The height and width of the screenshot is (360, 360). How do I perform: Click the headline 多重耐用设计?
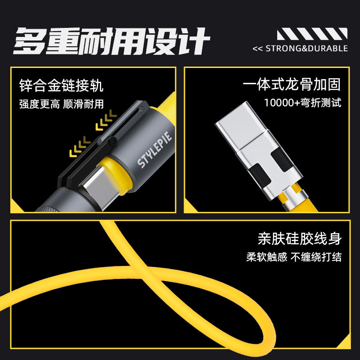(x=112, y=41)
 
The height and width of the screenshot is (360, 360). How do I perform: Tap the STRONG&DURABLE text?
(x=307, y=49)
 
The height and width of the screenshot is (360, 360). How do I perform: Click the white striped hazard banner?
(x=312, y=34)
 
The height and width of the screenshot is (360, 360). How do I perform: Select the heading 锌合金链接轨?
(x=61, y=85)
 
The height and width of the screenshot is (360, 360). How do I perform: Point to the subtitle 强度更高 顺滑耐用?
(x=62, y=104)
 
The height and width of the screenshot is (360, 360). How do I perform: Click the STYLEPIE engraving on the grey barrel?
(x=154, y=149)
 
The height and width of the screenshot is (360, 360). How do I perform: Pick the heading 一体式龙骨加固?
(x=292, y=84)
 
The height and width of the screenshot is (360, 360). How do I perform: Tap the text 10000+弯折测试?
(x=302, y=103)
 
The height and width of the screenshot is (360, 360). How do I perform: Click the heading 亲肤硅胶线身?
(x=300, y=239)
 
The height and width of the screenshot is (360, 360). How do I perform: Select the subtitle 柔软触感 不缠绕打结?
(x=294, y=257)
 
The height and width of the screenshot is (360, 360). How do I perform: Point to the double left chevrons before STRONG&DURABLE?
(x=257, y=49)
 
